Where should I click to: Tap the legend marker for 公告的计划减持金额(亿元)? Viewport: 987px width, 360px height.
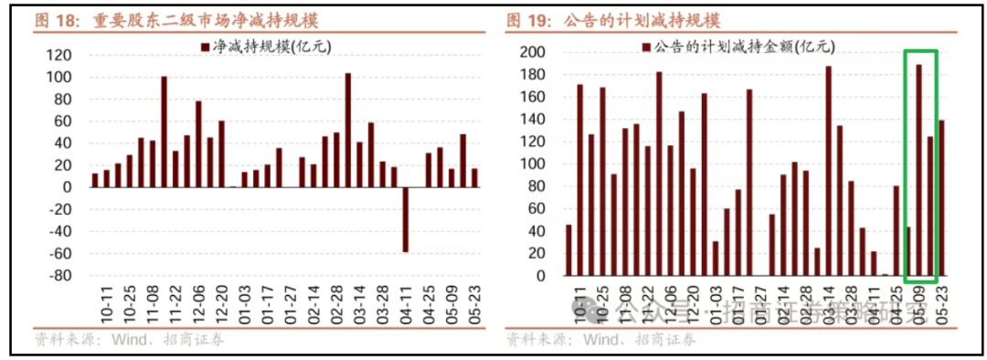click(646, 46)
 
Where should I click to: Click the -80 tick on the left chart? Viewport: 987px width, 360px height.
click(60, 275)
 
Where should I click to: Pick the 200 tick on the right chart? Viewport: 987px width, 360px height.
click(534, 52)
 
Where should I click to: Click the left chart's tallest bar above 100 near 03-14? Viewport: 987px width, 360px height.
click(348, 130)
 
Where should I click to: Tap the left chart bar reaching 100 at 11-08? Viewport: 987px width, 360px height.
click(164, 132)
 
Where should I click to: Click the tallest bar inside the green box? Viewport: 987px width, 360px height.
click(918, 170)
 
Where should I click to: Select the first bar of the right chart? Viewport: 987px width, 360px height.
click(568, 249)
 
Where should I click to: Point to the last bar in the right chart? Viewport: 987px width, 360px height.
click(941, 198)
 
